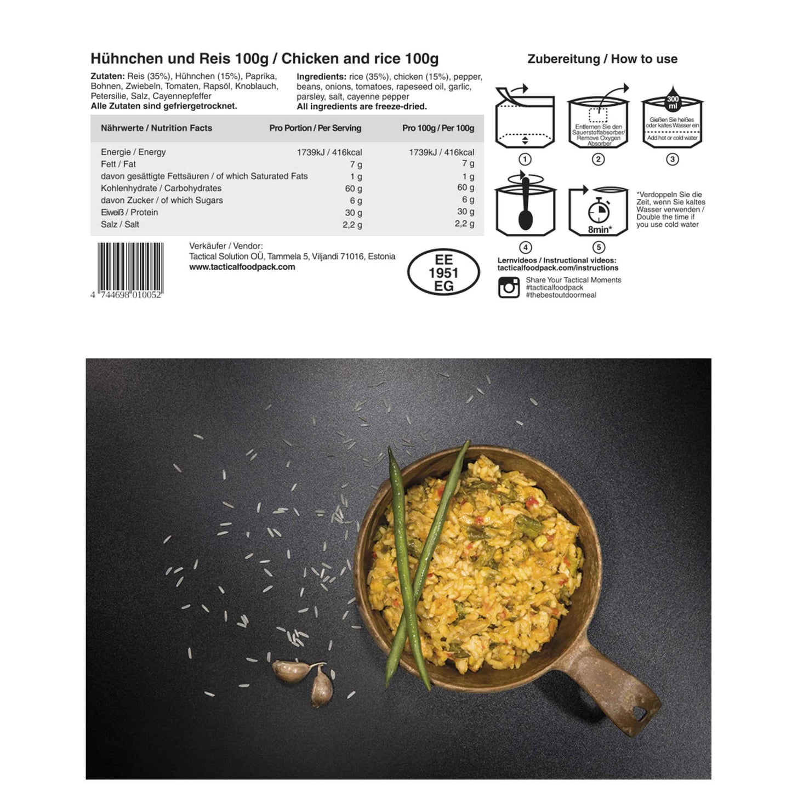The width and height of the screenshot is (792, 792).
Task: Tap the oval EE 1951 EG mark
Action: [x=443, y=272]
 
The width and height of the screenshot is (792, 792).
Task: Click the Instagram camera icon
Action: [x=509, y=287]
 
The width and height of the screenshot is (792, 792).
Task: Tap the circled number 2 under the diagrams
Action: [x=599, y=159]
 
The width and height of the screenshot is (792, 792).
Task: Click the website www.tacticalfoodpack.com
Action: [x=242, y=267]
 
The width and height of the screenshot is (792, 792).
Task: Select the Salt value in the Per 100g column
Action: [x=465, y=224]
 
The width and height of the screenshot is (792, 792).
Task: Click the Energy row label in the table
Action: [x=133, y=152]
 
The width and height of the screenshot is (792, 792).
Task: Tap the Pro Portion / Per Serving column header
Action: [x=315, y=128]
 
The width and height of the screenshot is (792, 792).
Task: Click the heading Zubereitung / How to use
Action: [x=602, y=59]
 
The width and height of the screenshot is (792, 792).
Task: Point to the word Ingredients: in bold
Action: [x=321, y=77]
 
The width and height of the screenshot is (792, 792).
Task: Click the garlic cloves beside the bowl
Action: [x=307, y=677]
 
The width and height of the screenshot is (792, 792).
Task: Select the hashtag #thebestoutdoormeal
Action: [x=561, y=295]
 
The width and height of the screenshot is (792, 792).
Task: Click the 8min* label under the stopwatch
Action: [x=600, y=230]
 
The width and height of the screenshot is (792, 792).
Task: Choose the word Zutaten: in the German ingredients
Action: [x=107, y=77]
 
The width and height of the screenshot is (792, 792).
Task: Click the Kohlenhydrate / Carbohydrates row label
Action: [x=161, y=188]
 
